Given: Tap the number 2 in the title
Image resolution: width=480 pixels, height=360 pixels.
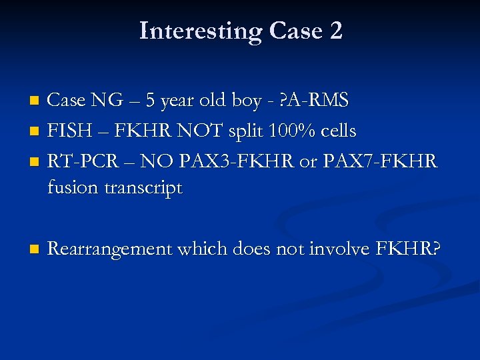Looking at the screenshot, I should [335, 31].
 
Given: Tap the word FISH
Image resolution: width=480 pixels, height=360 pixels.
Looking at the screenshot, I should [68, 131].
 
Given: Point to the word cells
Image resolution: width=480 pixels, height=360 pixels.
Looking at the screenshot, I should [336, 131].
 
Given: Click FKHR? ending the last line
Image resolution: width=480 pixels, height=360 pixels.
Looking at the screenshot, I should [408, 249].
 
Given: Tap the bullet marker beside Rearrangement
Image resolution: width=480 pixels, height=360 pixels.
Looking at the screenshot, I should [35, 249].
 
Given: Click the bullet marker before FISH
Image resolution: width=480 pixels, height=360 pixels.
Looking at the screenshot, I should [35, 131].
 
